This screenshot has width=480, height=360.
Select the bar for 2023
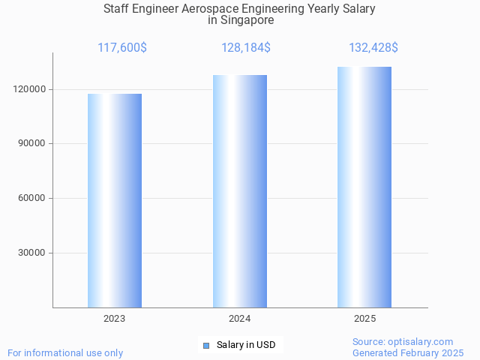coord(115,200)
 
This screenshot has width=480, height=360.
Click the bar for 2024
coord(240,191)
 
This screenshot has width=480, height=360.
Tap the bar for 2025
coord(364,187)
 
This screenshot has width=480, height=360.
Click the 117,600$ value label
coord(122,48)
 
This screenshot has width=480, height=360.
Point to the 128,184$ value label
coord(246,48)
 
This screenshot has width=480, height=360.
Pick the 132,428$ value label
coord(373,48)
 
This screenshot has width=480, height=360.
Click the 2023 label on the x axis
coord(115,319)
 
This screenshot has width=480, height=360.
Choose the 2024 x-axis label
coord(240,319)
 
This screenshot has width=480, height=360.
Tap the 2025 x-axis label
coord(364,319)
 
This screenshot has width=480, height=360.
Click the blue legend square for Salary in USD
coord(206,346)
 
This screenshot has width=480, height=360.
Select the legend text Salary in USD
coord(246,345)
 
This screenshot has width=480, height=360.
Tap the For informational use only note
coord(65,352)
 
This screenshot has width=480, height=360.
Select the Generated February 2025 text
coord(408,352)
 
